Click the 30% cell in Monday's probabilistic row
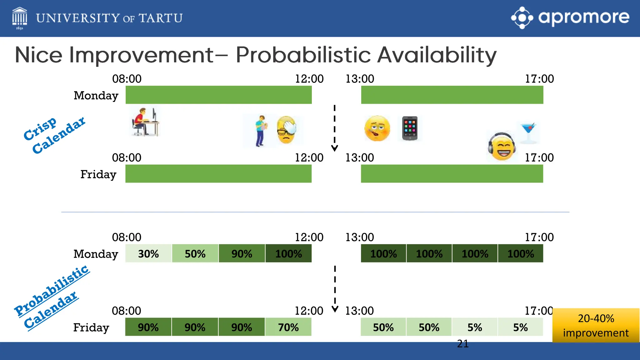coord(148,253)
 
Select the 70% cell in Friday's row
coord(288,327)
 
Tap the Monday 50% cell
coord(195,253)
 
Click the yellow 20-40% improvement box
coord(596,325)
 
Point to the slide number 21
coord(462,344)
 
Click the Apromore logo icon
coord(522,18)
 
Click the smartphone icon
coord(410,128)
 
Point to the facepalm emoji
coord(286,130)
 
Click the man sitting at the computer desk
coord(145,122)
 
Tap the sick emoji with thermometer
coord(377,128)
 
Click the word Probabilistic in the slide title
coord(303,55)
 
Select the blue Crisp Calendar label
coord(54,135)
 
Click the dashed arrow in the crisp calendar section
coord(334,128)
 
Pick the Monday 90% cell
coord(242,253)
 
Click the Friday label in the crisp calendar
coord(98,174)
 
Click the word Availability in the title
coord(437,55)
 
